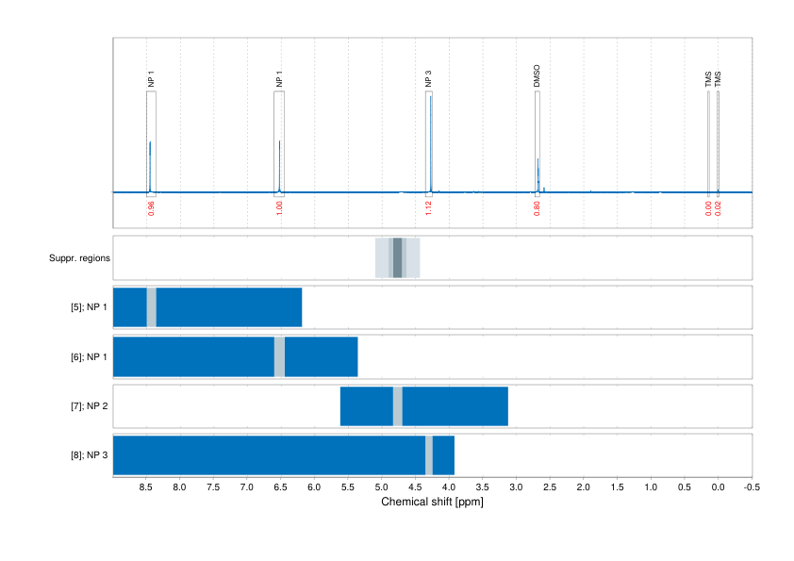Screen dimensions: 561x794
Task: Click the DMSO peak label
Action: (537, 76)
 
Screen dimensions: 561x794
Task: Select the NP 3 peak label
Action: (429, 79)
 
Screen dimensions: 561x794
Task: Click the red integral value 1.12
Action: (428, 208)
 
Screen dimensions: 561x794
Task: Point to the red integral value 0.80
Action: (537, 208)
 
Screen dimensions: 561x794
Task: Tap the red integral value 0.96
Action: (151, 208)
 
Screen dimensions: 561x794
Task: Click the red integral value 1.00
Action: (279, 208)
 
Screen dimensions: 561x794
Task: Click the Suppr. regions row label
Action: (80, 257)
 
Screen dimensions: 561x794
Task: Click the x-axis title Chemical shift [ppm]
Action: (432, 502)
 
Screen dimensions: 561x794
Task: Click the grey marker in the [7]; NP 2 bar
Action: (398, 405)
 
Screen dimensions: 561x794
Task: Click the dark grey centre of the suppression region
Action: (398, 257)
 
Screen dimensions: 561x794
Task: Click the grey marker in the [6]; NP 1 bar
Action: (279, 356)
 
